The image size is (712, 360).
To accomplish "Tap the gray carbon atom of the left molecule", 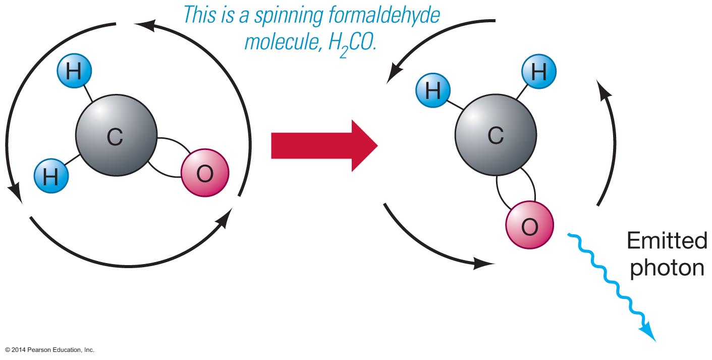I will (116, 136).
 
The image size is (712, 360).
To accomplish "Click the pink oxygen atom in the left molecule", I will (204, 173).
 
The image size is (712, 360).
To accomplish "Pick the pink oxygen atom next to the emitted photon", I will (529, 226).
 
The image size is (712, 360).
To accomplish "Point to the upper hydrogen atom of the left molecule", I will (74, 72).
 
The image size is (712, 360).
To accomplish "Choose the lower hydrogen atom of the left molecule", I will (51, 177).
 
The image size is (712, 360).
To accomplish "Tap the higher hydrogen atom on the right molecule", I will (538, 73).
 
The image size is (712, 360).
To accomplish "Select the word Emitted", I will (667, 242).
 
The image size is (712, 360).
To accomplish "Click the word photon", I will (667, 268).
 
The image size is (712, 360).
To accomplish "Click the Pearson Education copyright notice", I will (50, 349).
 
